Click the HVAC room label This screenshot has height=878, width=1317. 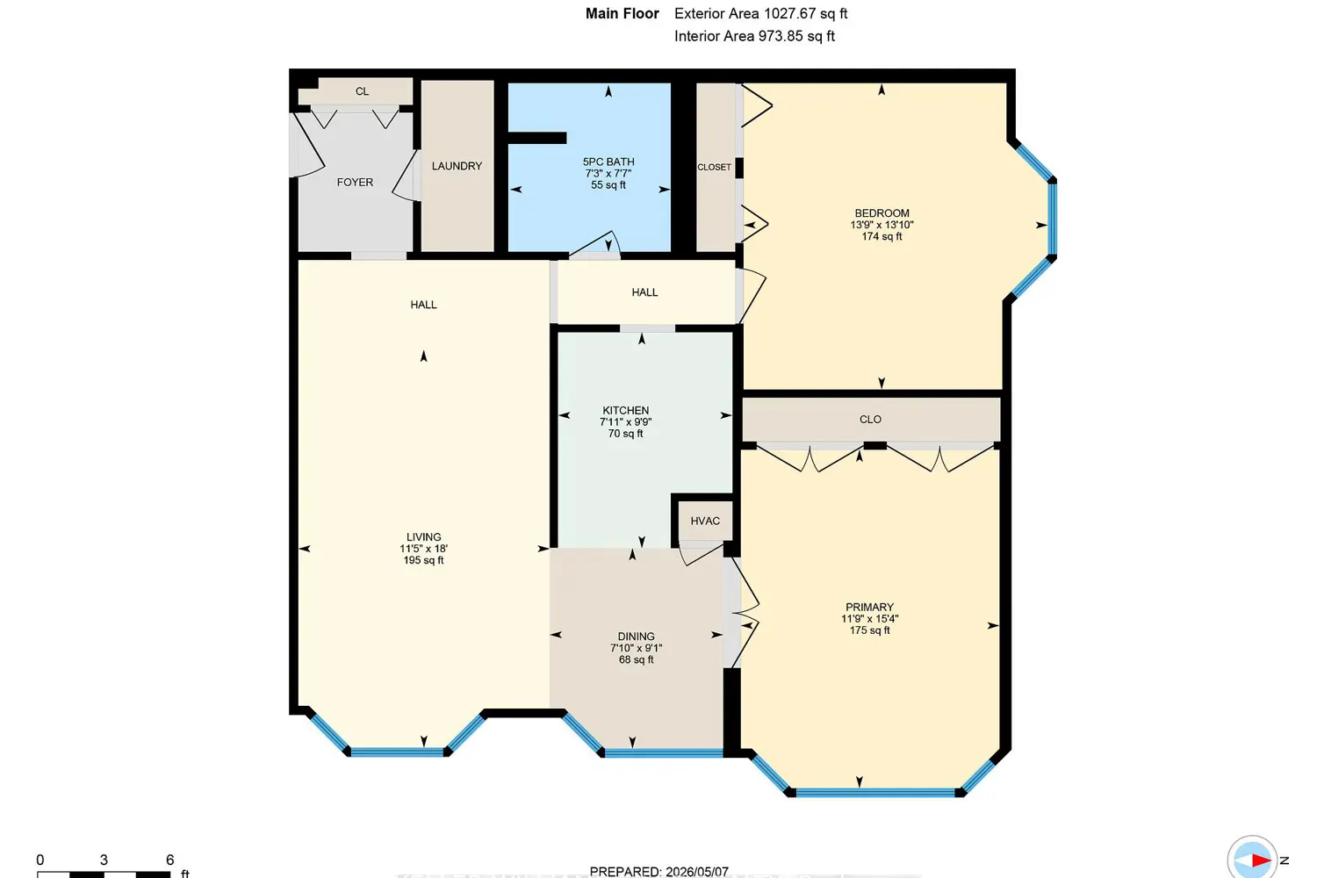tap(705, 521)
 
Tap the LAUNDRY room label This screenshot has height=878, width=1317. tap(457, 166)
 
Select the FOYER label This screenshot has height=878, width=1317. tap(355, 183)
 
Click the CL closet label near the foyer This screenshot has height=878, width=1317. tap(362, 91)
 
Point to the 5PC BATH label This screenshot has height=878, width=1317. tap(608, 162)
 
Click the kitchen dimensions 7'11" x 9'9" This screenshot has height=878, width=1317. tap(625, 421)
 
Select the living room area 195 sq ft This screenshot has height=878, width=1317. tap(423, 560)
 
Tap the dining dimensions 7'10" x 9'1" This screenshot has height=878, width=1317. tap(637, 648)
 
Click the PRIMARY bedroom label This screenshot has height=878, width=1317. tap(869, 607)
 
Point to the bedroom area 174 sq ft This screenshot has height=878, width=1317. tap(882, 236)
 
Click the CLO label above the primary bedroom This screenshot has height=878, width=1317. tap(870, 420)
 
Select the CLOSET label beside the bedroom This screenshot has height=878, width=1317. tap(715, 167)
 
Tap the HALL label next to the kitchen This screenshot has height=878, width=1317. tap(644, 292)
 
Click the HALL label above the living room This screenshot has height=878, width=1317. tap(423, 305)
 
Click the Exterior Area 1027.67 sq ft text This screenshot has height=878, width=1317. tap(761, 13)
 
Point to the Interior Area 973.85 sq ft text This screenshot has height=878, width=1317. tap(754, 37)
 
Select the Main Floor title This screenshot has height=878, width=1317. tap(622, 13)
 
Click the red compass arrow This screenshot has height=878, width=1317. tap(1261, 860)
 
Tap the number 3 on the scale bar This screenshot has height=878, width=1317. tap(104, 860)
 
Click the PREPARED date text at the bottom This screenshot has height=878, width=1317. tap(658, 872)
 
